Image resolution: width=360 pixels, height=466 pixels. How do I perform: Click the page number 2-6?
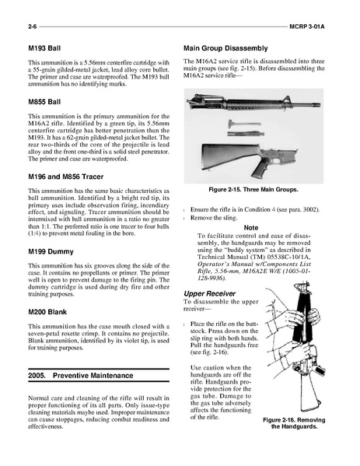coord(33,26)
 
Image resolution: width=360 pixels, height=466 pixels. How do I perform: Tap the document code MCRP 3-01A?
coord(307,26)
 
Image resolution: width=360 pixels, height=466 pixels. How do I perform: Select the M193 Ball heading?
coord(44,48)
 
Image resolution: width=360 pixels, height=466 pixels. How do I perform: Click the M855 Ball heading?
coord(44,102)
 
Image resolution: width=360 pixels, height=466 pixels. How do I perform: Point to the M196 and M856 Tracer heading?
coord(65,177)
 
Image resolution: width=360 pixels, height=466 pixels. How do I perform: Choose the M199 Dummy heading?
coord(51,252)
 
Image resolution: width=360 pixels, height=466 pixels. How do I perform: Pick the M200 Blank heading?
coord(47,312)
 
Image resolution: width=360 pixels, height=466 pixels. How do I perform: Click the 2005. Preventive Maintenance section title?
coord(81,376)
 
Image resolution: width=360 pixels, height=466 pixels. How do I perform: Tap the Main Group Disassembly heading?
coord(225,48)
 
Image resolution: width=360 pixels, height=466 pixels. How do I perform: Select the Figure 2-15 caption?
coord(253,190)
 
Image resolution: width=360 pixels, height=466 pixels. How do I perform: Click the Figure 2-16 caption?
coord(294,423)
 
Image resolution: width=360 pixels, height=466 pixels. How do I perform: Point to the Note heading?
coord(251,228)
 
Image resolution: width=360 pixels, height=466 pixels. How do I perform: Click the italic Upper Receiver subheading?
coord(209,293)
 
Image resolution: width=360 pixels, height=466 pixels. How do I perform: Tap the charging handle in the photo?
coord(244,123)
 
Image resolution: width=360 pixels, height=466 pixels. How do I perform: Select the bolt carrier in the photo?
coord(246,134)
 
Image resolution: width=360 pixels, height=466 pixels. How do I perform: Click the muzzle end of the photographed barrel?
coord(319,104)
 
